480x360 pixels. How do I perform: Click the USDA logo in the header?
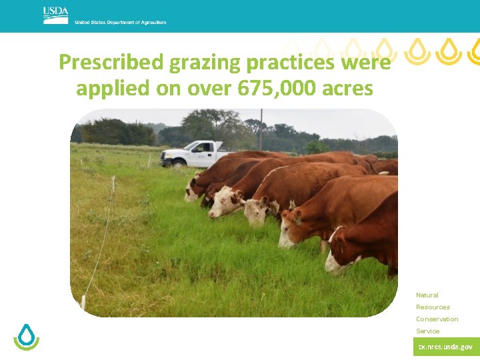[x=55, y=15]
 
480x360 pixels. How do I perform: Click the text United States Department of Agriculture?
[x=120, y=23]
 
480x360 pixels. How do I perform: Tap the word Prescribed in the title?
[x=111, y=63]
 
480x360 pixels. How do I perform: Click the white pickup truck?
[x=192, y=154]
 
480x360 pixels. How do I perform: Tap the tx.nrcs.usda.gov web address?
[x=445, y=347]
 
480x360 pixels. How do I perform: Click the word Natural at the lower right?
[x=427, y=295]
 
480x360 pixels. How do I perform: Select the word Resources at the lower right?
[x=433, y=307]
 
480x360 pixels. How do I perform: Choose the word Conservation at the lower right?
[x=437, y=319]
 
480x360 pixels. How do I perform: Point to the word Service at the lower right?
[x=427, y=331]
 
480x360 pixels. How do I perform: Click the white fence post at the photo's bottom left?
[x=83, y=301]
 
